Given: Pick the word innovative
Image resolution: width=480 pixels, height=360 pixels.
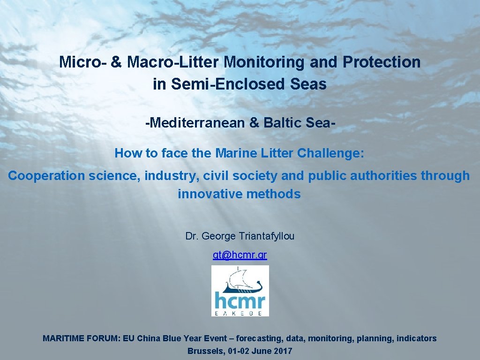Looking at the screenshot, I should [208, 194].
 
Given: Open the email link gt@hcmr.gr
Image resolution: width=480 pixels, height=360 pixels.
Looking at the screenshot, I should [240, 255].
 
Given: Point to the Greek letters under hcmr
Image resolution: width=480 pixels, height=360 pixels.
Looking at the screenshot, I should [240, 312].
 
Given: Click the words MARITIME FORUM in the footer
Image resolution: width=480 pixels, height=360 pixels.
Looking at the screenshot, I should [82, 338].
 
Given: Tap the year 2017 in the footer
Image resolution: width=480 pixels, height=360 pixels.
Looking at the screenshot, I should [283, 351].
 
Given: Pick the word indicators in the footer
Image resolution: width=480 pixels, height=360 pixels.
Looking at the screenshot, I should [416, 338].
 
